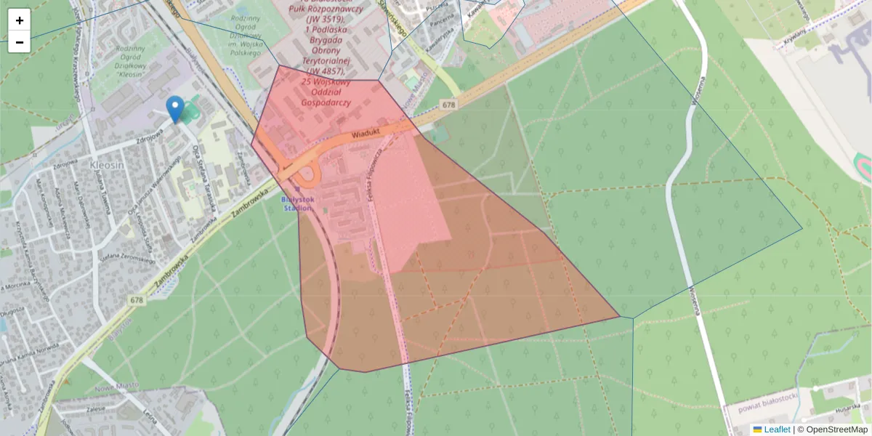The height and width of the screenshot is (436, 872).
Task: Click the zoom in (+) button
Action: (19, 20)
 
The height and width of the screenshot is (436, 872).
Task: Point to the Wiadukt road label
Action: (366, 134)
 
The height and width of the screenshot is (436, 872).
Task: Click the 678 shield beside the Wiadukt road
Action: (448, 105)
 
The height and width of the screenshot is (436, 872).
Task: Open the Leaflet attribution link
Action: (777, 429)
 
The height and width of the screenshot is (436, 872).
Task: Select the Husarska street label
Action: (847, 410)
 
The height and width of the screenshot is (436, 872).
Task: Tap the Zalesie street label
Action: (96, 410)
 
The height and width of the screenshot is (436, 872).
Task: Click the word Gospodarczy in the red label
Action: (329, 103)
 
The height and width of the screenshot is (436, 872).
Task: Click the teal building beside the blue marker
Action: (190, 113)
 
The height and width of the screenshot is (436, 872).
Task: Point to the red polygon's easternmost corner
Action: (619, 317)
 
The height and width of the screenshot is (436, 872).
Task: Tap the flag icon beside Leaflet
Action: (758, 429)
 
